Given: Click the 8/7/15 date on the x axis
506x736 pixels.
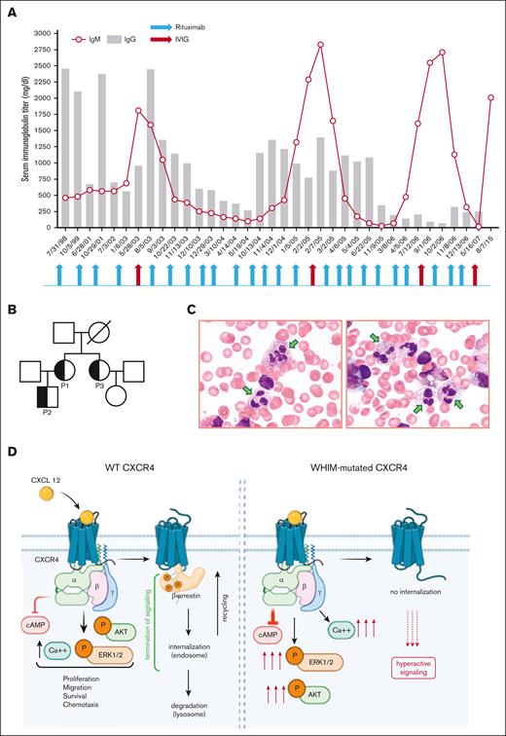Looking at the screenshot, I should [489, 239].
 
